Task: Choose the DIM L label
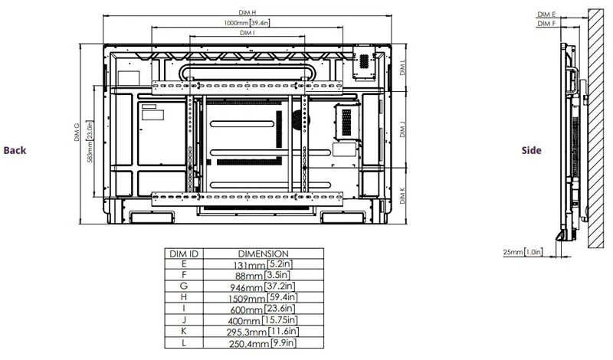pos(403,68)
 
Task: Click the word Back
pos(15,150)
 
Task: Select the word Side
pos(531,150)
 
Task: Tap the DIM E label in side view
pos(546,14)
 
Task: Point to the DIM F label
pos(546,24)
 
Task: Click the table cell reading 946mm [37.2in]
pos(263,286)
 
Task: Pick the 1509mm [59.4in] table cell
pos(263,297)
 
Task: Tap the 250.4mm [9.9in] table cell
pos(263,342)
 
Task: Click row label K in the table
pos(184,331)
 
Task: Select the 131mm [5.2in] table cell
pos(263,263)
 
